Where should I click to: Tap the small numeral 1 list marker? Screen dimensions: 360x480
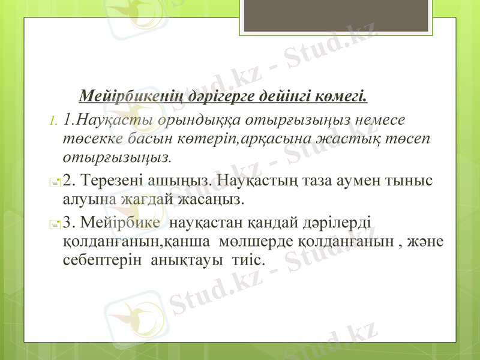(x=53, y=121)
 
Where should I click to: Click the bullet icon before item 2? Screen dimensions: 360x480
(x=54, y=181)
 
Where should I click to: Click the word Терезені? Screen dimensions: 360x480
(x=114, y=179)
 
